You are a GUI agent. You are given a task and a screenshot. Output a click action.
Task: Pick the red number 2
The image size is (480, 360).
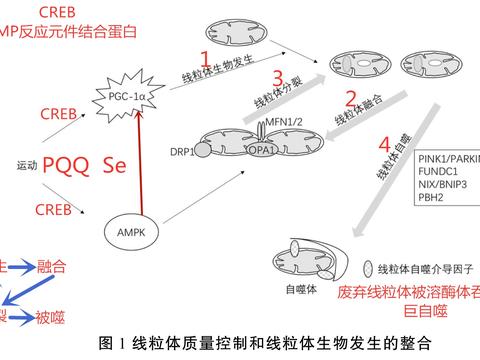pos(351,99)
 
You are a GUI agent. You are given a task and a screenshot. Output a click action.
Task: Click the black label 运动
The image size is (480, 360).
pos(27,166)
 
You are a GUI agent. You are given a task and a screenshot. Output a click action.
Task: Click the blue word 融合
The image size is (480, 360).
pos(51,267)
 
